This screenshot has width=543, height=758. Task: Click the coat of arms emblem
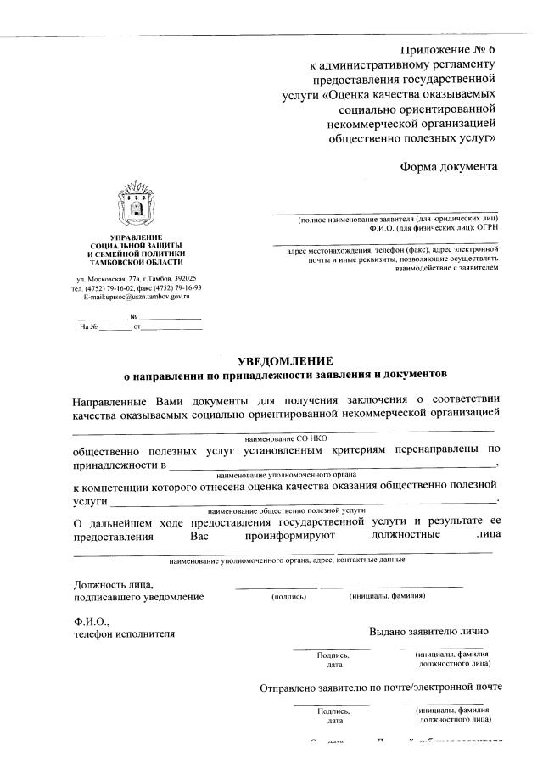[x=136, y=203]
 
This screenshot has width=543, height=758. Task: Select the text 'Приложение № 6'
[x=447, y=49]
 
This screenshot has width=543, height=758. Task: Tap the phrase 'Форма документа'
[x=449, y=166]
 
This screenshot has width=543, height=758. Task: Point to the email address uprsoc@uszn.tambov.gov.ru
[x=136, y=297]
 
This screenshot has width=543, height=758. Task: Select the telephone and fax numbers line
[x=136, y=288]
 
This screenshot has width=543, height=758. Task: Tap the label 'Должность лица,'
[x=113, y=584]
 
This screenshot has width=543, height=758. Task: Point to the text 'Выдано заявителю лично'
[x=428, y=632]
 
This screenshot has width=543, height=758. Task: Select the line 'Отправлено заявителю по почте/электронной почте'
[x=381, y=688]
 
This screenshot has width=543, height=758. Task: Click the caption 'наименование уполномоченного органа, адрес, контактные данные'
[x=286, y=560]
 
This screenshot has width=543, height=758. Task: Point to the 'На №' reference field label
[x=89, y=326]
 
